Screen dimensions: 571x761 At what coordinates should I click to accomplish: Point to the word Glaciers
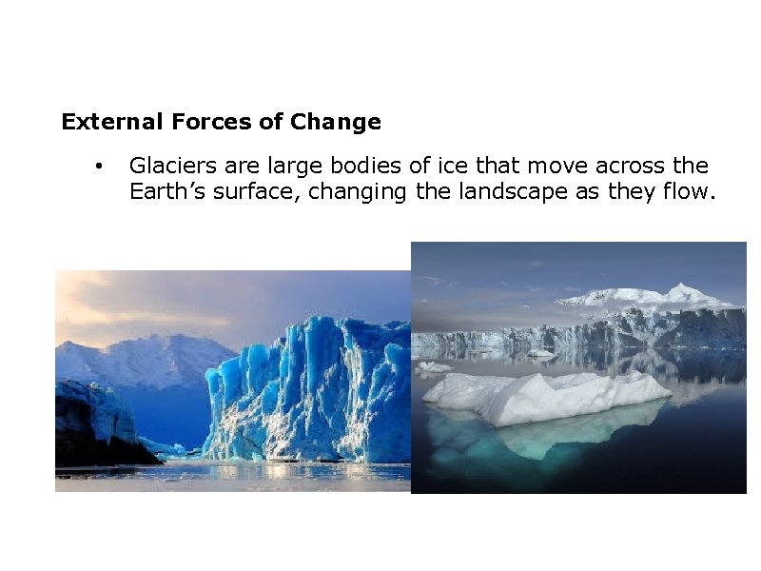pos(167,167)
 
